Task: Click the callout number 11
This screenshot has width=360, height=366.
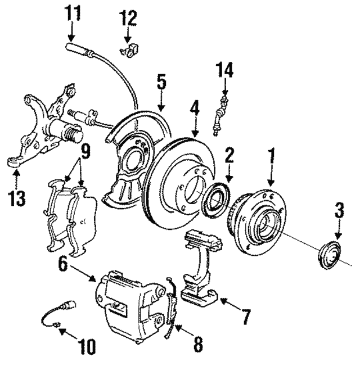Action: point(72,12)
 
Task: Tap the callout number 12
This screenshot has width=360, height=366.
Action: point(128,18)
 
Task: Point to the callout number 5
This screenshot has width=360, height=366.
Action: point(161,82)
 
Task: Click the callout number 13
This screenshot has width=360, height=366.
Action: point(17,198)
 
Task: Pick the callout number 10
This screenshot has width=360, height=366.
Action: point(87,346)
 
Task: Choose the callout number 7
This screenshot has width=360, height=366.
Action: point(246,317)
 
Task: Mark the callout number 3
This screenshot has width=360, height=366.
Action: point(339,210)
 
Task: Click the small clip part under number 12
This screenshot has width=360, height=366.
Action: point(129,51)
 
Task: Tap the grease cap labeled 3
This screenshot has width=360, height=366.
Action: point(329,256)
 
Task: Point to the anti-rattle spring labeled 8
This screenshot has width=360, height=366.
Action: point(172,308)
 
